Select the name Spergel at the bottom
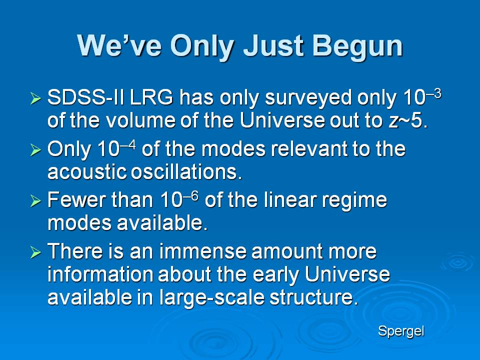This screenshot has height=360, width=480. click(x=401, y=331)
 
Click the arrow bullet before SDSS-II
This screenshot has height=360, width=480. click(x=35, y=98)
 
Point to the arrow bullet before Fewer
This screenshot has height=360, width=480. click(x=35, y=201)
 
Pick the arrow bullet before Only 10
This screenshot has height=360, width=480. click(x=35, y=150)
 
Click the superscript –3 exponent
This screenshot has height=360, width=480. click(x=433, y=93)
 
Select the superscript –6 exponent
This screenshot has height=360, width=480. click(x=190, y=195)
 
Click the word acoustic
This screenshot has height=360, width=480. click(x=87, y=171)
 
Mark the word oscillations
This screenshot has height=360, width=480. click(x=186, y=171)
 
